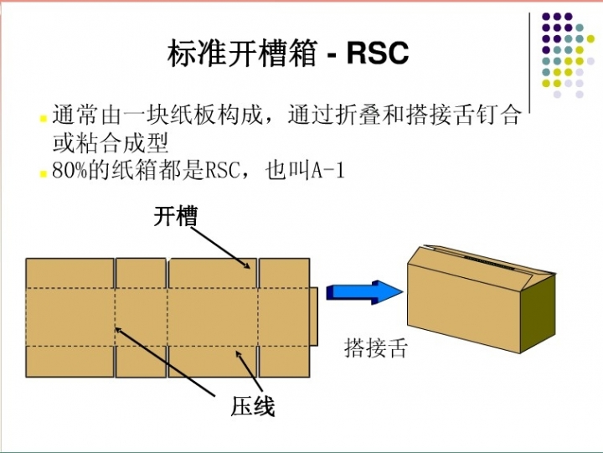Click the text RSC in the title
[378, 54]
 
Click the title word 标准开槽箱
[243, 54]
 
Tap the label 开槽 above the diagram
[175, 217]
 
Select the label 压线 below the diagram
[253, 408]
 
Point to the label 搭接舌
[376, 347]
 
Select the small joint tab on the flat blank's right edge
[314, 317]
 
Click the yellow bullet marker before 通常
[43, 118]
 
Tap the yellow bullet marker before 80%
[43, 173]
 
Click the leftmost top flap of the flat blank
[70, 274]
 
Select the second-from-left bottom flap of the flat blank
[141, 361]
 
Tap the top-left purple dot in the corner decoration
[546, 16]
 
